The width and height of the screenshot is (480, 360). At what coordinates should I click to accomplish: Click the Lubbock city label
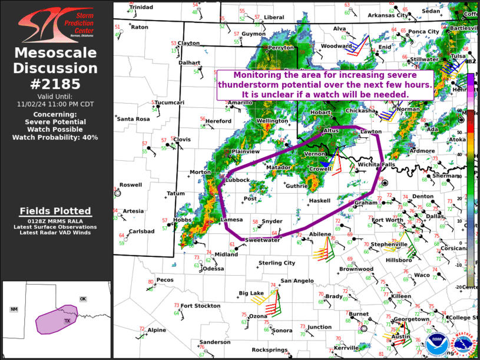237,180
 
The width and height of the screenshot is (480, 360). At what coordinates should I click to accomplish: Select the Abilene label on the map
320,233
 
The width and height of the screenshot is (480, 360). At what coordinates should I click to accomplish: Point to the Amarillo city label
240,103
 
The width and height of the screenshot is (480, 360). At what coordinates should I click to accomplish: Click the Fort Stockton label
200,306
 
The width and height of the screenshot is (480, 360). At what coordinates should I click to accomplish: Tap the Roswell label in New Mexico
131,184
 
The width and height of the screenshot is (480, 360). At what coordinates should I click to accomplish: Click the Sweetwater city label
263,240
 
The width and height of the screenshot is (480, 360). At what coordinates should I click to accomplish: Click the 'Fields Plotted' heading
55,211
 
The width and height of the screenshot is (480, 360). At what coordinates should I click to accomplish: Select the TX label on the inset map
67,321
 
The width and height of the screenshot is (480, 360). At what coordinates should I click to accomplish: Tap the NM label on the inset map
14,309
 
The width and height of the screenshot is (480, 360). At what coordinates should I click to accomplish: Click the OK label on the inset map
83,299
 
